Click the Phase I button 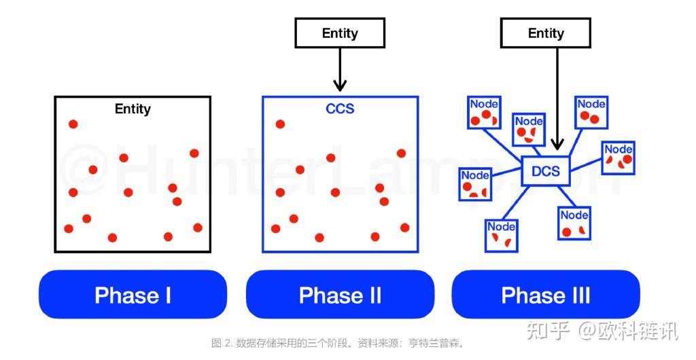(x=133, y=295)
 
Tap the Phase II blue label (x=340, y=295)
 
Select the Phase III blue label (x=546, y=295)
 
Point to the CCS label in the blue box (x=340, y=109)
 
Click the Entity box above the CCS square (x=340, y=33)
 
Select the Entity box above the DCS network (x=546, y=33)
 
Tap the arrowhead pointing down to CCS (x=340, y=86)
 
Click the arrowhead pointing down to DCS (x=557, y=144)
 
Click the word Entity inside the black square (x=133, y=109)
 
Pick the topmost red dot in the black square (x=73, y=124)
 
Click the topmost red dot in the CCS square (x=279, y=124)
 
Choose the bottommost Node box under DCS (x=502, y=236)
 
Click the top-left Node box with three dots (x=485, y=113)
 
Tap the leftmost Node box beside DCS (x=475, y=184)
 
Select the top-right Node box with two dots (x=591, y=113)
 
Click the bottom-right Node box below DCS (x=574, y=223)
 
